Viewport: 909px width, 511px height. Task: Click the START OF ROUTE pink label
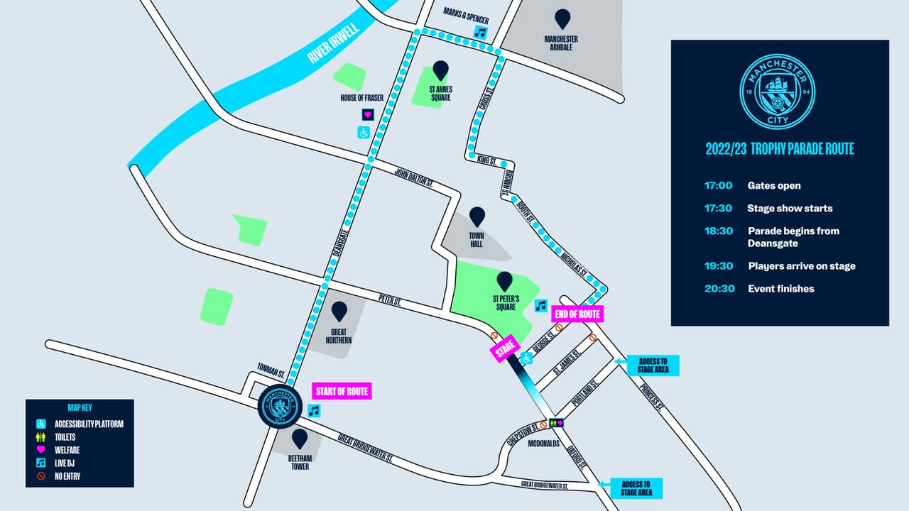[x=342, y=391]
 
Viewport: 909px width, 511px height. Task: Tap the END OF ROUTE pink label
[x=578, y=314]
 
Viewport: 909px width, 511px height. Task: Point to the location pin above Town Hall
[x=477, y=216]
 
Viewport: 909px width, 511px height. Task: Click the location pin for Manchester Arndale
[x=562, y=18]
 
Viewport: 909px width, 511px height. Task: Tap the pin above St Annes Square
[x=441, y=70]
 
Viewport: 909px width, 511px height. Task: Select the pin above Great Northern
[x=339, y=311]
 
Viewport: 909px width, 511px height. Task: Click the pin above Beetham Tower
[x=300, y=438]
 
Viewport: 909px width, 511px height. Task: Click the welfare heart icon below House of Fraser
[x=368, y=114]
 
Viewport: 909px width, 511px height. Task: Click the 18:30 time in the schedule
[x=719, y=231]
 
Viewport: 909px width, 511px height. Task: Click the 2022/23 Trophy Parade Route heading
[x=779, y=149]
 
